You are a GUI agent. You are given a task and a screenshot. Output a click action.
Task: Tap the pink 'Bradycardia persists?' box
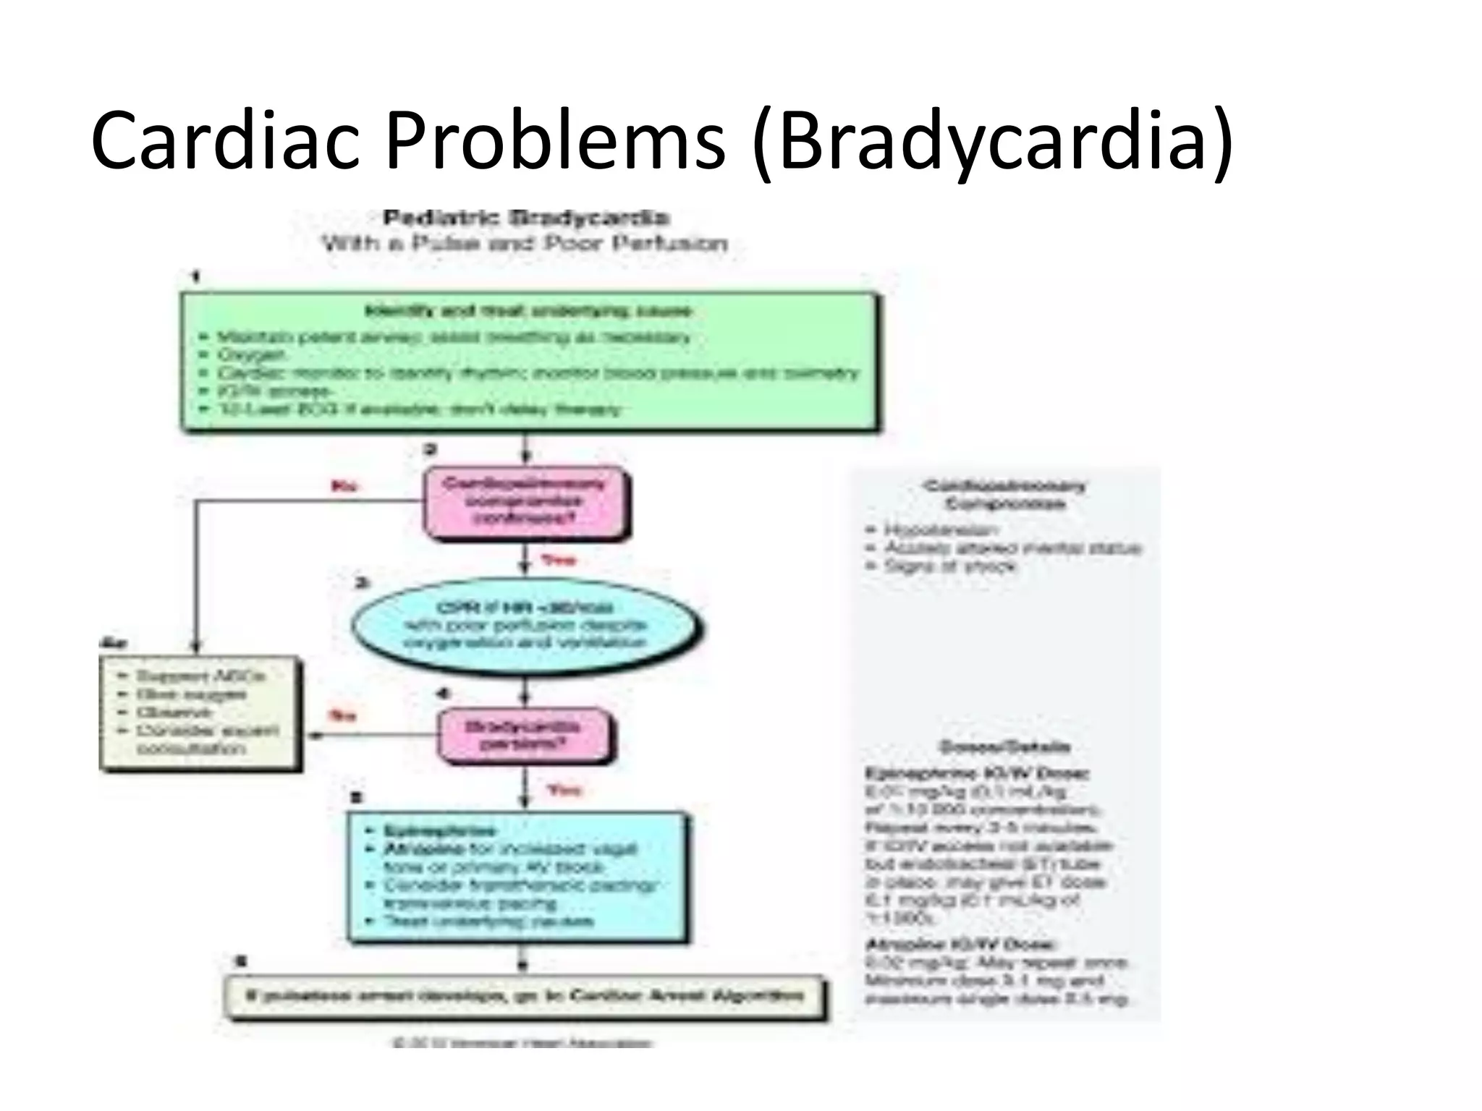(x=523, y=735)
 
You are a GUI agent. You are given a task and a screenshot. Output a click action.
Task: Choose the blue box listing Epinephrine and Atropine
(x=517, y=876)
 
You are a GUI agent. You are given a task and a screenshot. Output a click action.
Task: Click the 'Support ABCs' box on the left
(x=199, y=712)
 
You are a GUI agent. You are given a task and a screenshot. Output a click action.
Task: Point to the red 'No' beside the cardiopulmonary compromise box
(x=344, y=485)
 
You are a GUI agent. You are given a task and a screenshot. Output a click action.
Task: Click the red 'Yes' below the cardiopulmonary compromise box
(x=559, y=560)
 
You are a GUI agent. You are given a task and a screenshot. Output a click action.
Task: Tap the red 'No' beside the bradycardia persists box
(x=342, y=715)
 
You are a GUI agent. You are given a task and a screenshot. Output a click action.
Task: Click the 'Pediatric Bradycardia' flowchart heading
(x=526, y=217)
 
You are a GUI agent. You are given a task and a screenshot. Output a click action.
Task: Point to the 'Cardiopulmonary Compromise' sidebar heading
(x=1004, y=495)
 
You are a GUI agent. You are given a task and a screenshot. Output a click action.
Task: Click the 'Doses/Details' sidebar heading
(x=1004, y=746)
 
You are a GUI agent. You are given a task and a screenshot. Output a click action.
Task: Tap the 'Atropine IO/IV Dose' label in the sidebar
(x=961, y=944)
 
